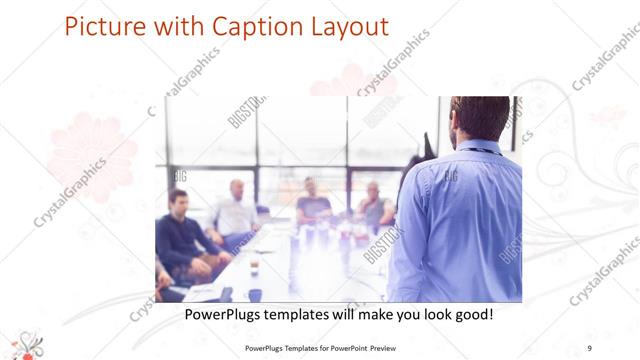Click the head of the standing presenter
480,119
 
